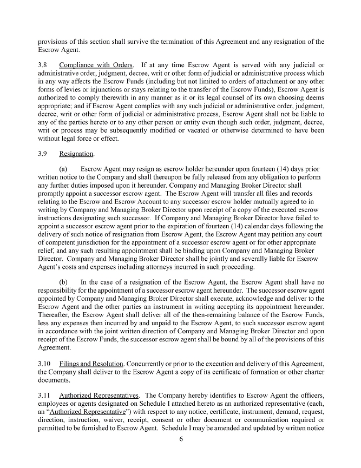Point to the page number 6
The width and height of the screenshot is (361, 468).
(x=181, y=439)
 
